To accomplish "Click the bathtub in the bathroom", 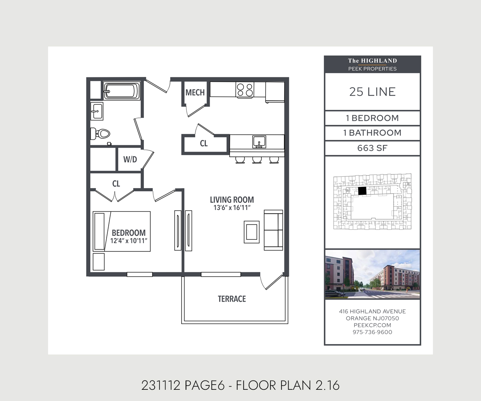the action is pos(121,91).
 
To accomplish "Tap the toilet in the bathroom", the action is pos(100,134).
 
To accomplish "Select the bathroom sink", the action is pos(97,111).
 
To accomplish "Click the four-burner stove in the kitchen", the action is pos(245,90).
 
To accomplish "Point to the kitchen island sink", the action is pos(259,142).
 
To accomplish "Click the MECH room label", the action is pos(195,93).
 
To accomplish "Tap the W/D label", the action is pos(130,159).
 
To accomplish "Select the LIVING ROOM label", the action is pos(232,200).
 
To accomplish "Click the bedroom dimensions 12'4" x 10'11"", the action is pos(129,241).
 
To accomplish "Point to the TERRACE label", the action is pos(232,299).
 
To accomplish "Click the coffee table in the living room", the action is pos(252,232).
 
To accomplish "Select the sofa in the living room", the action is pos(273,230).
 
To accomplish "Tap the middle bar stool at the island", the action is pos(257,160).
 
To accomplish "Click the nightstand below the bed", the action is pos(99,262).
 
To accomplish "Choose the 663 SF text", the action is pos(372,148).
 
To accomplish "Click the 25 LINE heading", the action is pos(372,92).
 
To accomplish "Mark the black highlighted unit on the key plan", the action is pos(362,191).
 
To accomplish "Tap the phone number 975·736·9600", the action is pos(372,332).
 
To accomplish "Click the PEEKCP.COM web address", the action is pos(372,325).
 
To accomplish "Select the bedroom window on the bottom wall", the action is pos(139,274).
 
